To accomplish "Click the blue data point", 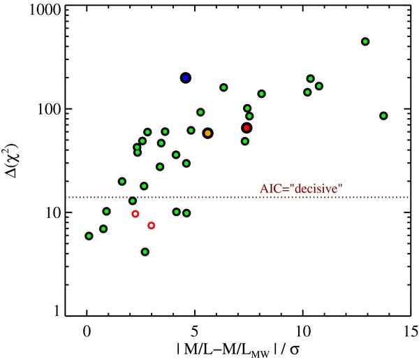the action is (x=186, y=78).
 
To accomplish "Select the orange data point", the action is (x=207, y=134).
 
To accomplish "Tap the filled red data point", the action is (x=247, y=128).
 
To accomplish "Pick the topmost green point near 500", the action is (x=365, y=41).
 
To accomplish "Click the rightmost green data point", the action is (x=383, y=116).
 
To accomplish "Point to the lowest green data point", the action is (x=145, y=252).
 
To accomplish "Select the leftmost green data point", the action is (x=89, y=236).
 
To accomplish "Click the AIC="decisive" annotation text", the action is (x=301, y=189).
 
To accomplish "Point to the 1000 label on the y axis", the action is (x=45, y=11).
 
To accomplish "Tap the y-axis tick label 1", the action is (x=57, y=311).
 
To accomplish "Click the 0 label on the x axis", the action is (x=87, y=331).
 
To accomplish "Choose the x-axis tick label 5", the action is (x=195, y=331).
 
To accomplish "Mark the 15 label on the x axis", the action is (x=410, y=331).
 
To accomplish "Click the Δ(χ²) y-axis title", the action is (x=11, y=161).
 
